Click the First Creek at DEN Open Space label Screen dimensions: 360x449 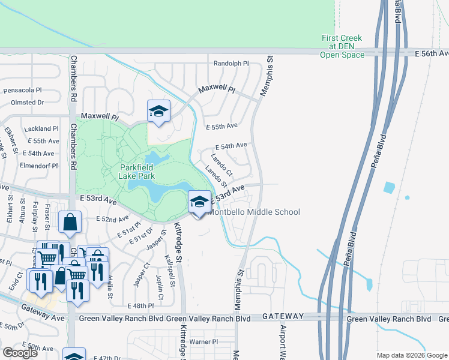coord(342,46)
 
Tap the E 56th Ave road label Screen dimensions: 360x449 coord(431,53)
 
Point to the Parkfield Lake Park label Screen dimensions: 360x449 coord(137,172)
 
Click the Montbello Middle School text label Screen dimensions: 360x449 coord(253,212)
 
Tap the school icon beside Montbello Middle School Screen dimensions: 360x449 coord(199,202)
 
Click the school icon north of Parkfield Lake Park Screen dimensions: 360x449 coord(158,111)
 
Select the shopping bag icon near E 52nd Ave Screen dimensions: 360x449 coord(70,221)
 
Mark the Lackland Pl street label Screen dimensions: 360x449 coord(41,128)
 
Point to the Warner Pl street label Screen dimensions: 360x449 coord(203,341)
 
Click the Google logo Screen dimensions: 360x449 coord(20,353)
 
